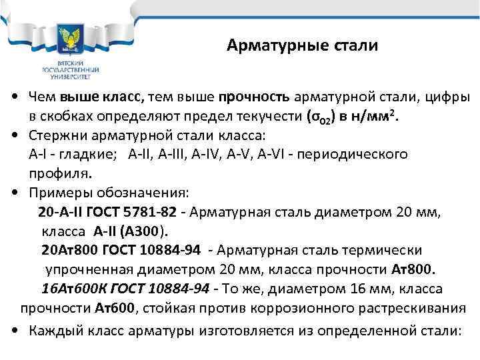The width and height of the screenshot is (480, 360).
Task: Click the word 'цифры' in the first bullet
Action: point(448,97)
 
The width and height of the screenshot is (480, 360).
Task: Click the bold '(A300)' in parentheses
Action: point(148,231)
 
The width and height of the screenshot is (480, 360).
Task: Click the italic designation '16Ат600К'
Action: point(70,289)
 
